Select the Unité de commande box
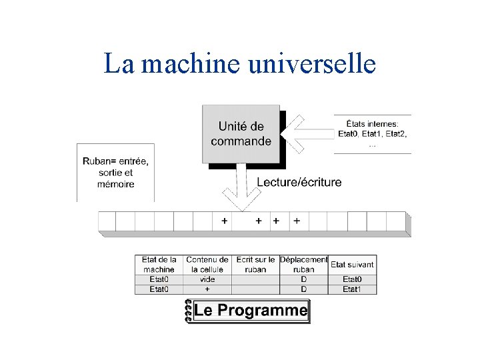coord(241,133)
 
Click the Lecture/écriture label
coord(299,182)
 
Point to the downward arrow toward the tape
coord(242,190)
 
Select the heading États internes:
coord(373,123)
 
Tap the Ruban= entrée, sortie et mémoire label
coord(115,172)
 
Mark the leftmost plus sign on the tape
coord(224,221)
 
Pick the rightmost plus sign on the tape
coord(297,221)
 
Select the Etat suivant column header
coord(352,265)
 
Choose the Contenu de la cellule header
coord(207,265)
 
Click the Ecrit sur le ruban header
coord(255,265)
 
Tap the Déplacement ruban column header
coord(304,265)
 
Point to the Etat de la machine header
coord(159,265)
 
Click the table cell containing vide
coord(207,280)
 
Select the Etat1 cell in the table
coord(352,289)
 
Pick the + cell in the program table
coord(207,289)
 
